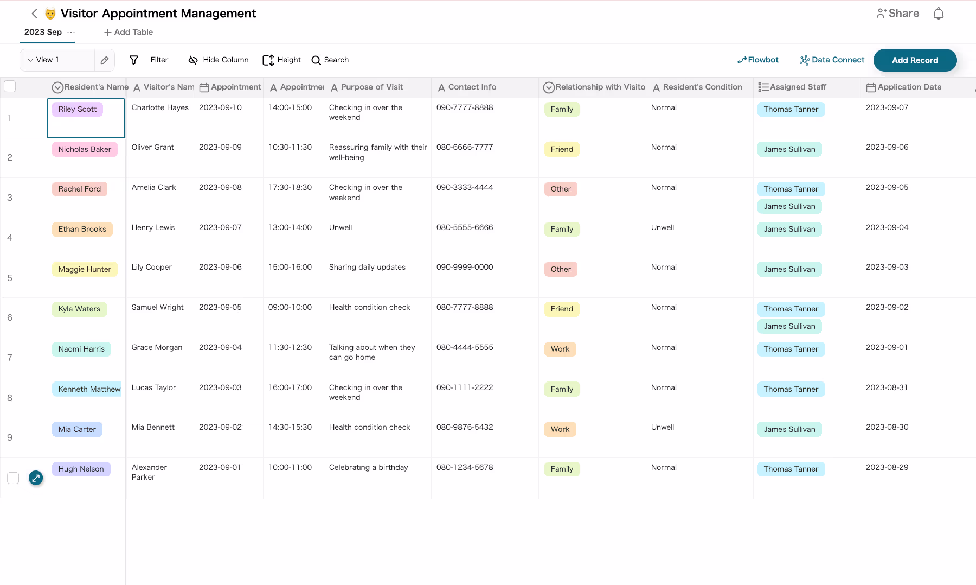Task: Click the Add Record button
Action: coord(915,60)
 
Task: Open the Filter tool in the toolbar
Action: coord(149,60)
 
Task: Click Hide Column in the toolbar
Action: coord(218,60)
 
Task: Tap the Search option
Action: coord(330,60)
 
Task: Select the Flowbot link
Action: coord(758,60)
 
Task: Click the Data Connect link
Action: coord(832,60)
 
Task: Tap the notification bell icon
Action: coord(939,14)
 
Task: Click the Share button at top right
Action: coord(898,14)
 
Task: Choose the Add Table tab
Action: coord(129,32)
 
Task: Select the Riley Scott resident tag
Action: coord(78,109)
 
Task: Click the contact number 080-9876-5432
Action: coord(465,427)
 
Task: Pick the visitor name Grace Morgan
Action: coord(157,347)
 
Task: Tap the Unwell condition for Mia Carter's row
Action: coord(663,427)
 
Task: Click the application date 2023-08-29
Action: coord(887,467)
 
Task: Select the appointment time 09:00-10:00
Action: coord(290,307)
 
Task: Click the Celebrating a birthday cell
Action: coord(368,467)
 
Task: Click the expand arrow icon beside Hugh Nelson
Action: coord(36,478)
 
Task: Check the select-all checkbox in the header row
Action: coord(10,86)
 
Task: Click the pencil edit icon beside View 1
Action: coord(105,60)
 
